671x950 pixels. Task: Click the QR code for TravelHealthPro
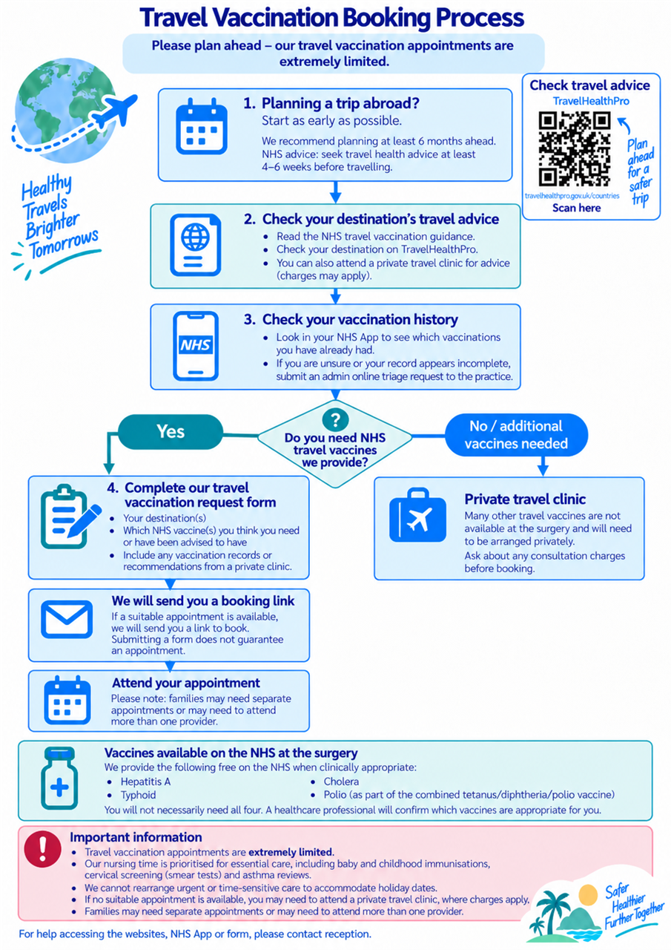click(575, 148)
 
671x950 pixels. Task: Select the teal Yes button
click(171, 432)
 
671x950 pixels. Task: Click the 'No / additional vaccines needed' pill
click(516, 435)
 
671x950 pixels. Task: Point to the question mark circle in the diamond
click(335, 419)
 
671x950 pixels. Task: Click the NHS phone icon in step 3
click(196, 346)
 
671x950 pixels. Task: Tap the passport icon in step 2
click(195, 245)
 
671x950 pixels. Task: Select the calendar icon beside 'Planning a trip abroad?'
click(202, 127)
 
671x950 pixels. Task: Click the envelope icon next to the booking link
click(67, 619)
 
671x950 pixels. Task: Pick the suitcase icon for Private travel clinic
click(417, 515)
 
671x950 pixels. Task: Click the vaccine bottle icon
click(59, 779)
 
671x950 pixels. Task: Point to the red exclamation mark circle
click(42, 848)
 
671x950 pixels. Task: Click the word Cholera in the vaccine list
click(341, 782)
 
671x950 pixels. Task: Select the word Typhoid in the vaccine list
click(138, 795)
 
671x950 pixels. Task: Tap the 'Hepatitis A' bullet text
click(145, 782)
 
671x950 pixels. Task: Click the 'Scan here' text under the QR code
click(576, 208)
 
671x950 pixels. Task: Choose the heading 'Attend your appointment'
click(186, 683)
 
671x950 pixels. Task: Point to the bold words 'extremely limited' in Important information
click(291, 852)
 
